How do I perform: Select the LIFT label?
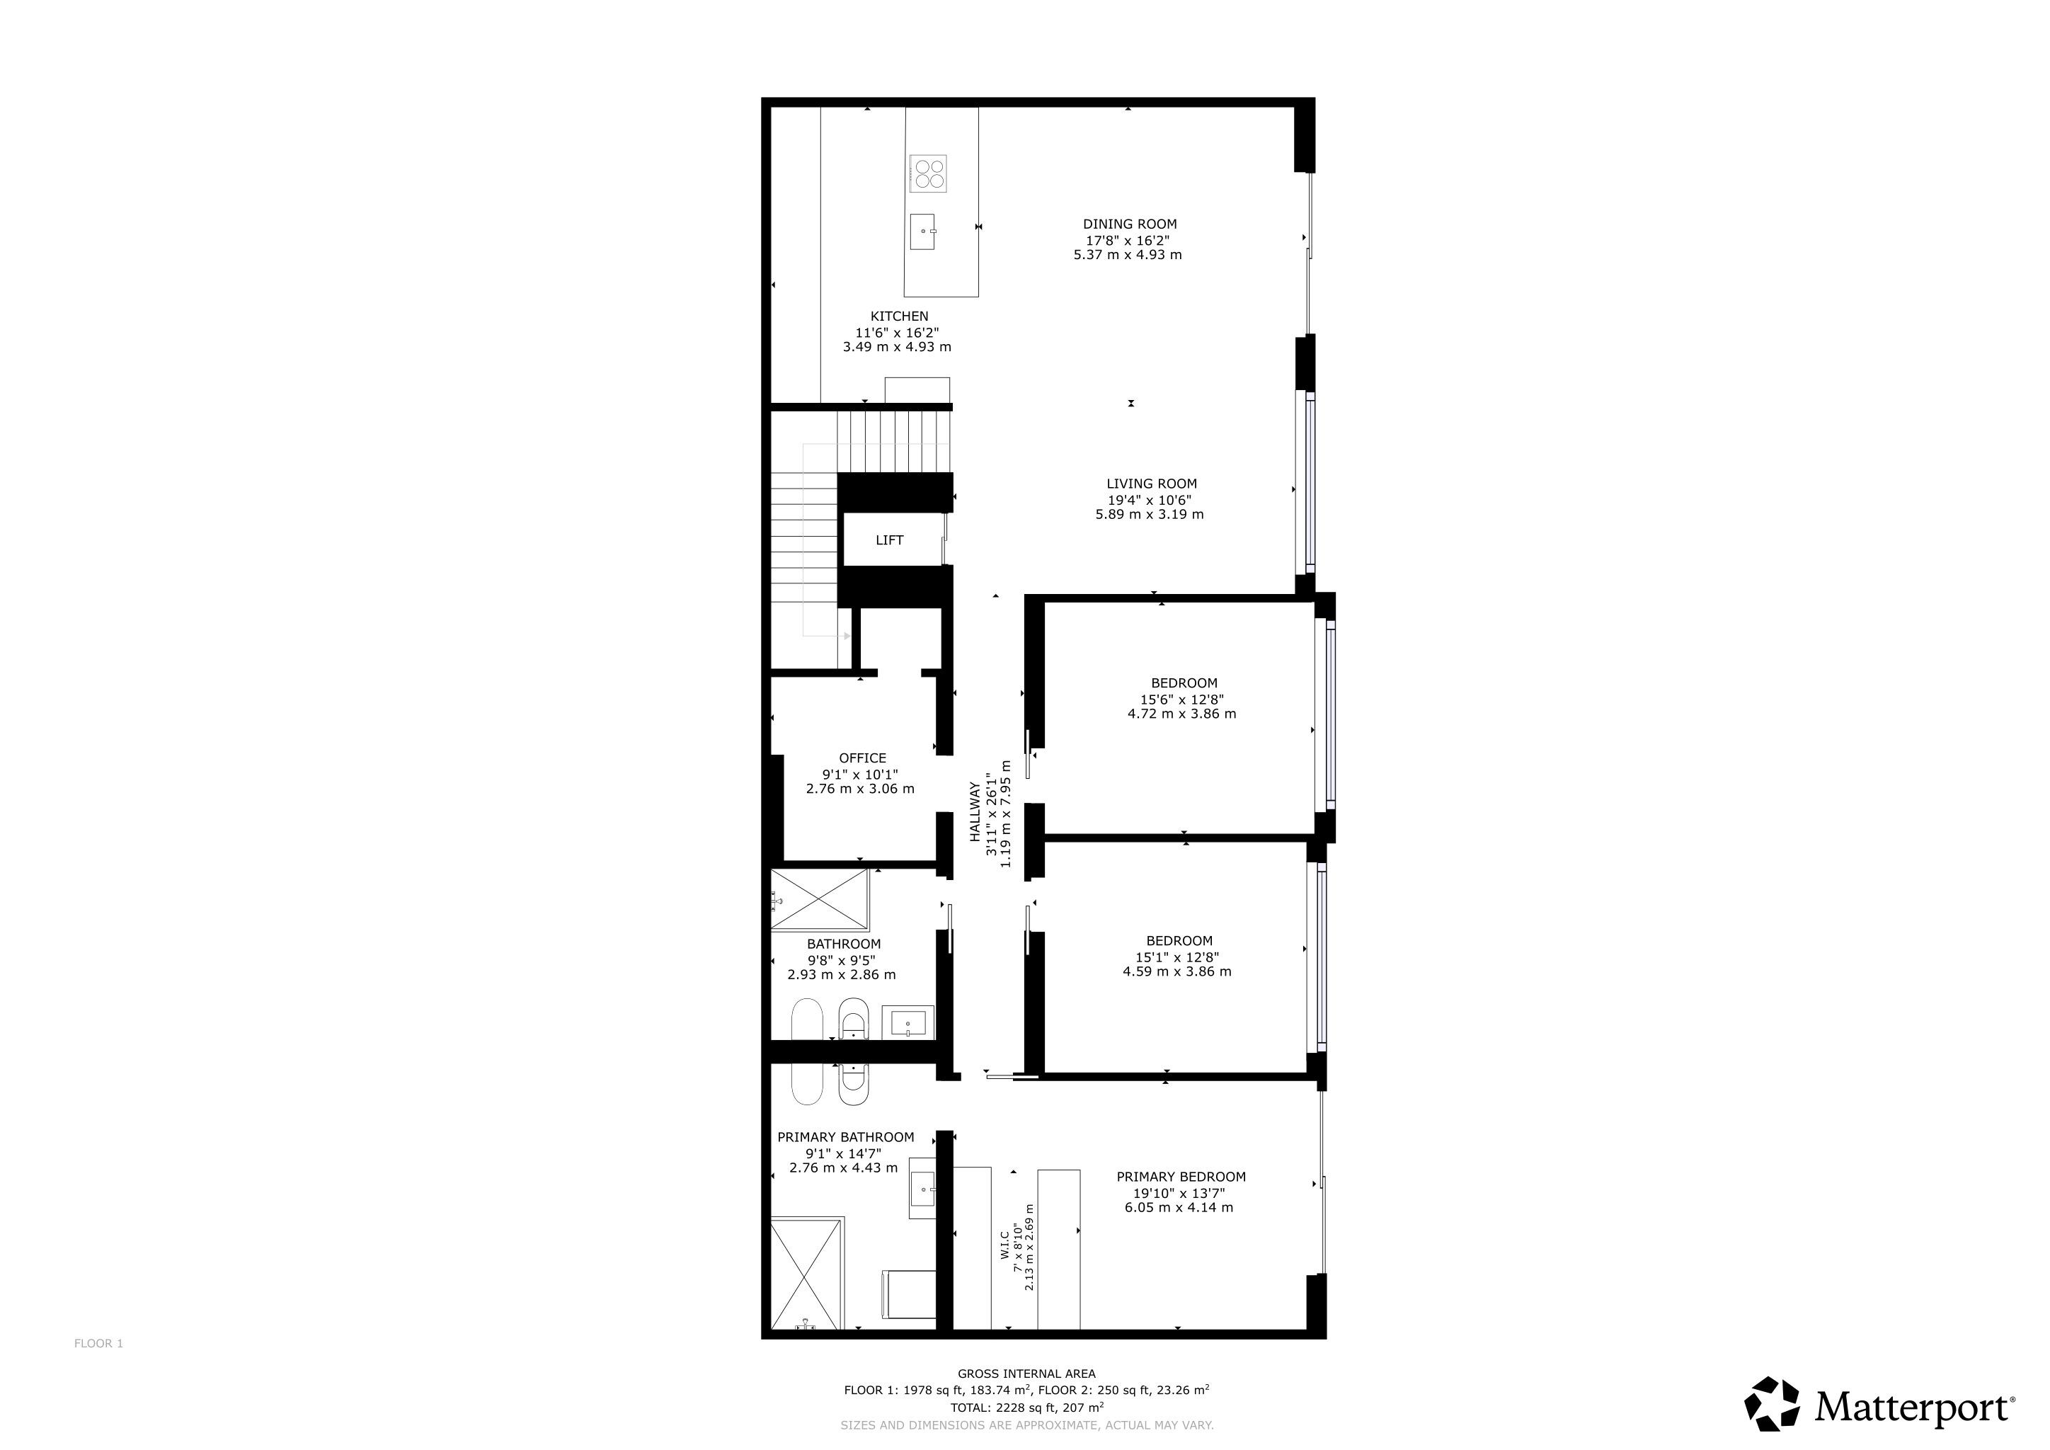(x=889, y=540)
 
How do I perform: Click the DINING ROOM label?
(x=1130, y=224)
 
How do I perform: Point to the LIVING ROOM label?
(x=1152, y=484)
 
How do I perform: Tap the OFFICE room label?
(x=862, y=758)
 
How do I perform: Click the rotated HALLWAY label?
(x=975, y=813)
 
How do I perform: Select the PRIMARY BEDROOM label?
(x=1181, y=1177)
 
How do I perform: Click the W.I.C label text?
(x=1004, y=1245)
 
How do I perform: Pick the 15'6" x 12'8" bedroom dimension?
(x=1182, y=700)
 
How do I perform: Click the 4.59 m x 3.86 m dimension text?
(x=1176, y=971)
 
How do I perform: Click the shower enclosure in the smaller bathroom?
(x=820, y=900)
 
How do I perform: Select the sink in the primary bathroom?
(x=922, y=1189)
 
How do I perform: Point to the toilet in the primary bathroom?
(x=909, y=1294)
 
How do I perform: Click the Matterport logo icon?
(x=1773, y=1403)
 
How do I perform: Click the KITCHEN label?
(x=899, y=316)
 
